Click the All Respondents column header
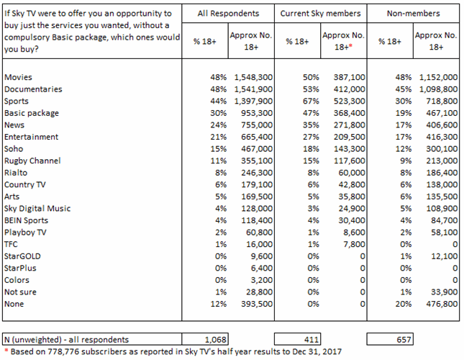[x=228, y=14]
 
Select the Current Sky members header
[x=320, y=14]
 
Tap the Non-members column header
[x=414, y=14]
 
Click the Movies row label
[x=18, y=77]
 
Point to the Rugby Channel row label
[x=32, y=161]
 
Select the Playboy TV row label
[x=25, y=233]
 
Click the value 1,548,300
[x=253, y=77]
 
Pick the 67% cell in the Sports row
[x=311, y=102]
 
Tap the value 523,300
[x=350, y=102]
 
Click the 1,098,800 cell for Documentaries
[x=439, y=89]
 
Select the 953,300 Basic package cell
[x=257, y=113]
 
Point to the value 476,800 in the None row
[x=442, y=304]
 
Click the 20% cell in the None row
[x=404, y=304]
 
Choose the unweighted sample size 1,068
[x=215, y=340]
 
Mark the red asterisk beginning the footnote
[x=6, y=351]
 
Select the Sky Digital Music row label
[x=37, y=209]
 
